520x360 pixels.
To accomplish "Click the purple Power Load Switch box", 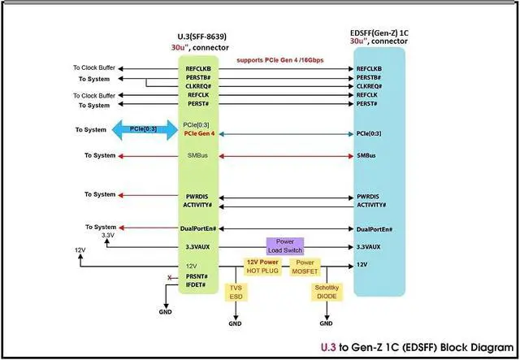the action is tap(285, 246).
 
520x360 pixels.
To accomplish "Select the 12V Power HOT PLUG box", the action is tap(262, 267).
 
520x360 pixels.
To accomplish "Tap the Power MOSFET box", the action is tap(305, 267).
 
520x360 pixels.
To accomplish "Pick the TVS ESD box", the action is tap(236, 292).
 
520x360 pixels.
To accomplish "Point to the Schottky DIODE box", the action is tap(327, 292).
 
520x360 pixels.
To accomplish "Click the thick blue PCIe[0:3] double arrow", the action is tap(145, 130).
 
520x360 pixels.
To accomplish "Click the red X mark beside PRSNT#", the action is tap(170, 277).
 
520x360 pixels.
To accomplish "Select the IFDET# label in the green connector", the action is tap(196, 285).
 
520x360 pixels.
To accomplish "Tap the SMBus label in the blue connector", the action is tap(366, 155).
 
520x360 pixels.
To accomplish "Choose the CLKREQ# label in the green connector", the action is tap(198, 86).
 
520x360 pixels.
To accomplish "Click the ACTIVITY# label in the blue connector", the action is tap(371, 205).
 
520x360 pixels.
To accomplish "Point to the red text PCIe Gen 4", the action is tap(199, 134).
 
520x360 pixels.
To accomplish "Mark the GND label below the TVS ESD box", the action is tap(235, 323).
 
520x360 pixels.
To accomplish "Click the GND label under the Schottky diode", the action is tap(326, 323).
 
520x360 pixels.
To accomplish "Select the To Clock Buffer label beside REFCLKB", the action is tap(94, 67).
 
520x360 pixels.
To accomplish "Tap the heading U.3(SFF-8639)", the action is tap(202, 37).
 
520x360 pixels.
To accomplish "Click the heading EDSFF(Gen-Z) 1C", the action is tap(379, 33).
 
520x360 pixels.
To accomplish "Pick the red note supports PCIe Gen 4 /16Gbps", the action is tap(279, 60).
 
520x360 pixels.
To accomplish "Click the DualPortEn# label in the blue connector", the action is tap(375, 230).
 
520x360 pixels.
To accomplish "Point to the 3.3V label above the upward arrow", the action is tap(108, 235).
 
